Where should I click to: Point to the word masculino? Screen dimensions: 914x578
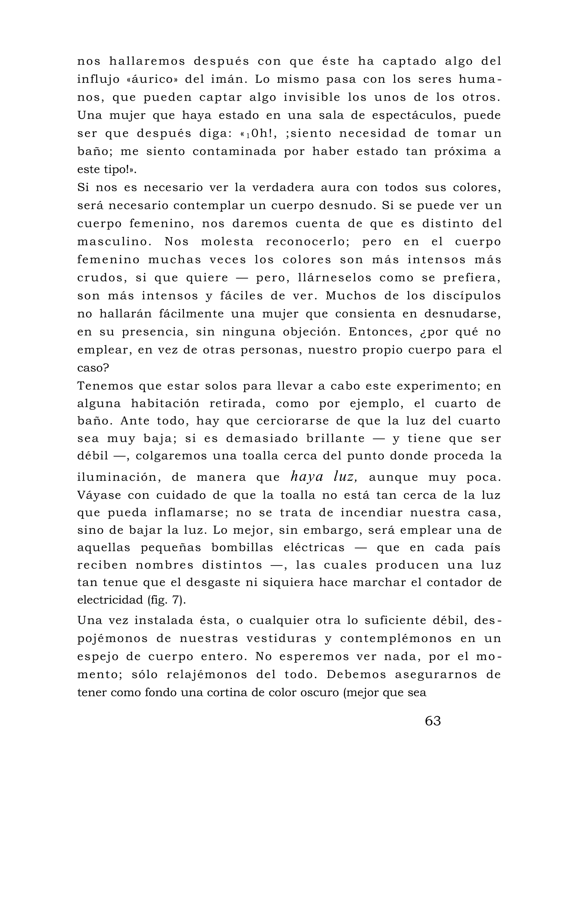[x=115, y=242]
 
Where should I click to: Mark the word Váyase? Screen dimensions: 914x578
[x=99, y=495]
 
